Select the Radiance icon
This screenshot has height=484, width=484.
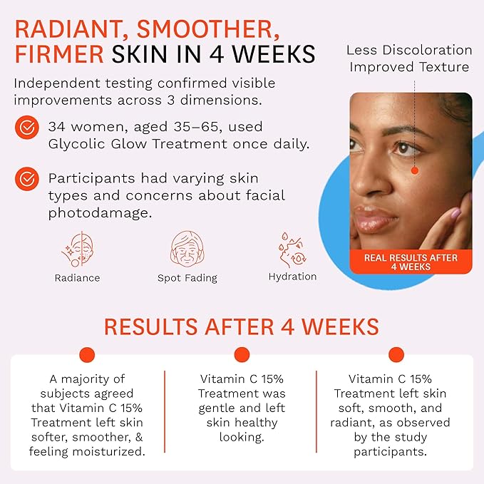(x=77, y=249)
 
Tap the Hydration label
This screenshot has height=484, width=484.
(x=292, y=277)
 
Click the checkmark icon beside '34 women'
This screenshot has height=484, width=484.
(x=27, y=128)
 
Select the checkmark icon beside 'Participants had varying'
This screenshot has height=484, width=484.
(x=27, y=179)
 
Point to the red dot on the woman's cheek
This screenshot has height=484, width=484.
(x=414, y=170)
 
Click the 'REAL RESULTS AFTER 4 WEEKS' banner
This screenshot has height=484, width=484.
(x=411, y=262)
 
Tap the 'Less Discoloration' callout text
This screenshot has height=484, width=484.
(x=409, y=50)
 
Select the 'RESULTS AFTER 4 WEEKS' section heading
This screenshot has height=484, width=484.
(x=242, y=326)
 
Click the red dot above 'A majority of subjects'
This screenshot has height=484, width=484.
(x=87, y=354)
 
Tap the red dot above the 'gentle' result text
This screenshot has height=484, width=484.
(x=242, y=354)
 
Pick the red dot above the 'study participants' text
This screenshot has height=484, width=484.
(x=396, y=354)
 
